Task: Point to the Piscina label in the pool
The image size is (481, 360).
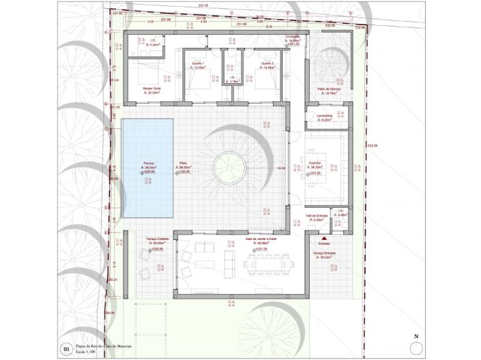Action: [x=148, y=163]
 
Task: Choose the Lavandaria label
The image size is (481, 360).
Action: [x=323, y=115]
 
